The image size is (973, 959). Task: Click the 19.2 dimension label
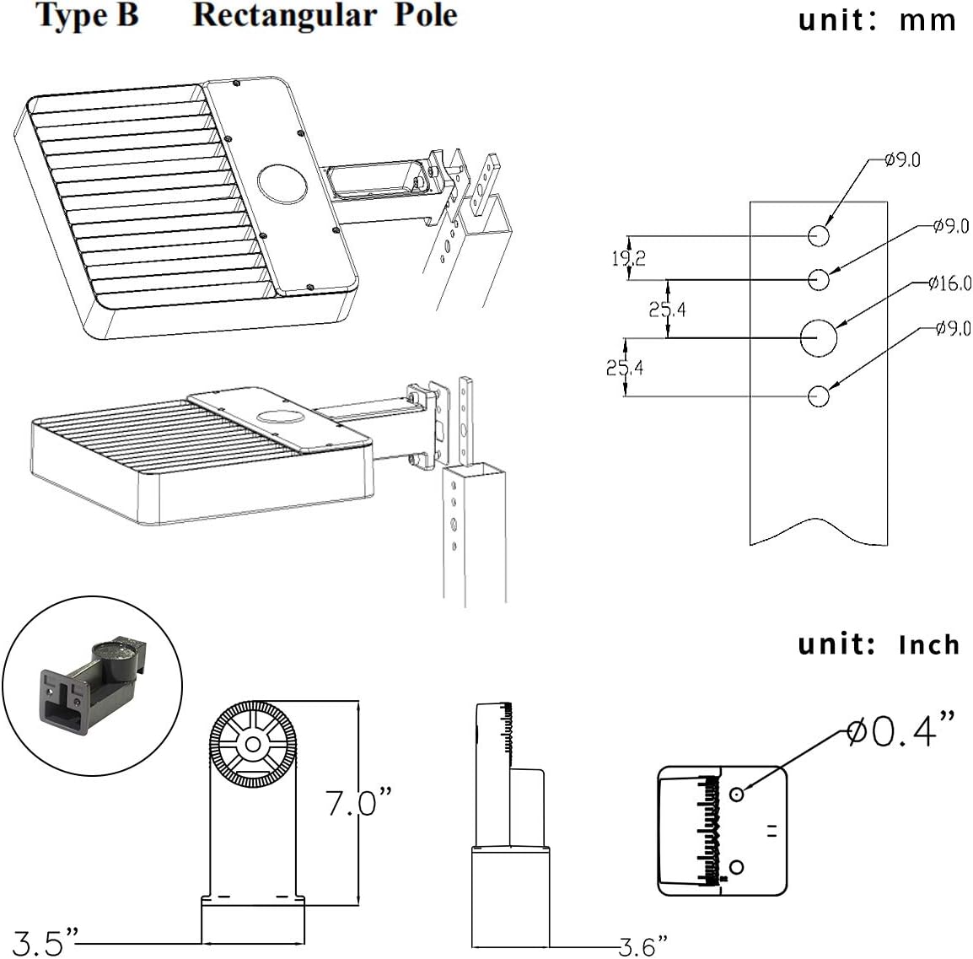[629, 258]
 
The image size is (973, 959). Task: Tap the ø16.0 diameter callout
[950, 283]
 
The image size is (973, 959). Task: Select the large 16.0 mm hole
[819, 338]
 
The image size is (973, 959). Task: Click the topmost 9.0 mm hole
[819, 236]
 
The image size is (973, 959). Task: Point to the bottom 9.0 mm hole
[819, 396]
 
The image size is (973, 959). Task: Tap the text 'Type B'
[87, 15]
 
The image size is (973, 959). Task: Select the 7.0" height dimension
[359, 803]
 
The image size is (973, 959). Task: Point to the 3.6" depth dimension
[642, 947]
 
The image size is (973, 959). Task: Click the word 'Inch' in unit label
[928, 645]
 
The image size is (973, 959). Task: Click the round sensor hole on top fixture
[283, 185]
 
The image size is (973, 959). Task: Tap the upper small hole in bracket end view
[736, 794]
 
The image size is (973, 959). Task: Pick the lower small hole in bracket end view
[737, 866]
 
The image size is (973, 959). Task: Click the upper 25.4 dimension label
[668, 309]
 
